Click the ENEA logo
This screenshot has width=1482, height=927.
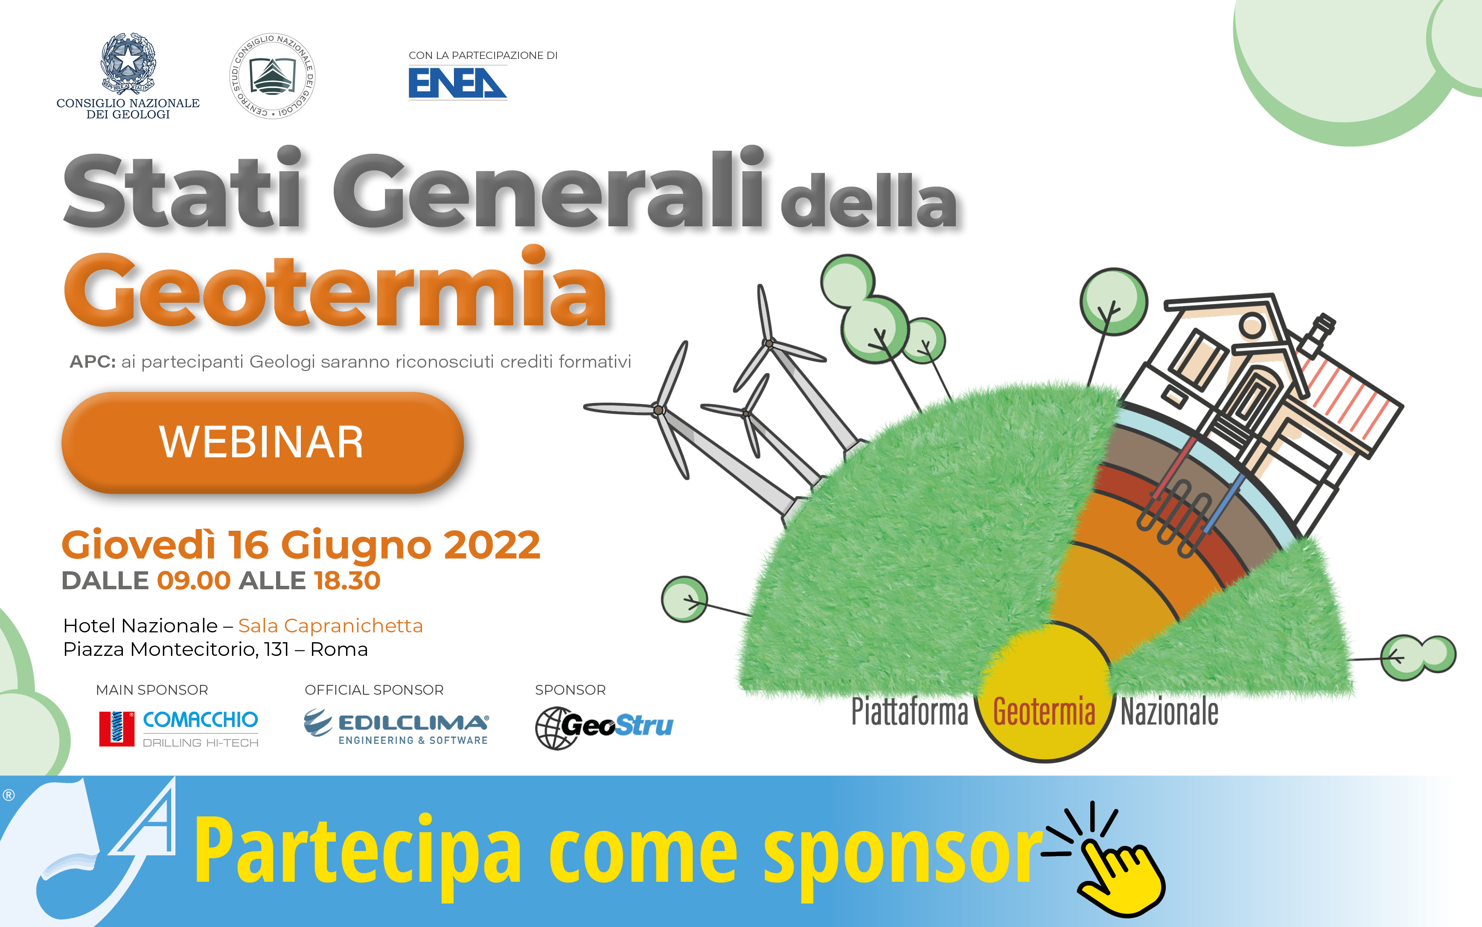[x=457, y=83]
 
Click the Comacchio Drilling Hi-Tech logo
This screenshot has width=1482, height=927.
[x=179, y=729]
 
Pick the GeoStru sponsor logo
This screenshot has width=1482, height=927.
[x=604, y=728]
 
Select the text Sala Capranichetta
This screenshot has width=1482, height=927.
[x=330, y=626]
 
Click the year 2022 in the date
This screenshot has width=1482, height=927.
[x=492, y=544]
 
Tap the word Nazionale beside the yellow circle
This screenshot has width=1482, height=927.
[x=1169, y=712]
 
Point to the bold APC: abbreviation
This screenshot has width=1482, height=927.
[x=93, y=362]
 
